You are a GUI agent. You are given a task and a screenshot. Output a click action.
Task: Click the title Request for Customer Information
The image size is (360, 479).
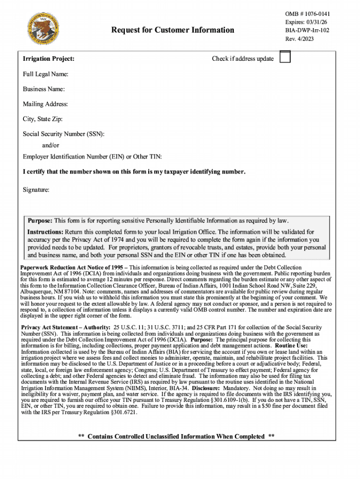click(x=173, y=30)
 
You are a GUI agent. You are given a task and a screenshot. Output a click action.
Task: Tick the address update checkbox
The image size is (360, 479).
click(x=284, y=57)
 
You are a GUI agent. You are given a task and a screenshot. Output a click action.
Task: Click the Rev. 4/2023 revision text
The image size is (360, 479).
click(x=299, y=39)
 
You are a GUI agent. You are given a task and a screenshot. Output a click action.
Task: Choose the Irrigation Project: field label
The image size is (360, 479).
click(x=49, y=59)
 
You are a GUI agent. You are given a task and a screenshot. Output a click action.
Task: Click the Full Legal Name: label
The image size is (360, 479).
click(x=46, y=74)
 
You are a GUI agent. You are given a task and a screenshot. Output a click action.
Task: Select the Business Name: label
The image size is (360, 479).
click(x=44, y=89)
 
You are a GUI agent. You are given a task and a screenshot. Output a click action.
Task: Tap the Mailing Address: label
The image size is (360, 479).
click(x=45, y=104)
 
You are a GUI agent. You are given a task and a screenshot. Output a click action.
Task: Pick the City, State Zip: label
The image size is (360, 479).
click(x=43, y=119)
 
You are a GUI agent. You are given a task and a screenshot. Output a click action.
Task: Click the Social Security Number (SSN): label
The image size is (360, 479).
click(x=64, y=134)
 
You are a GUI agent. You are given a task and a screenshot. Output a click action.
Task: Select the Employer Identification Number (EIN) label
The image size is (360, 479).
click(x=92, y=157)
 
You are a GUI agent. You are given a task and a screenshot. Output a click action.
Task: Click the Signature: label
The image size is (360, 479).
click(x=36, y=190)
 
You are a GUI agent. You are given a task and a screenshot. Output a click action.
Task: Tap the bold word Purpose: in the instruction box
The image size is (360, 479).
click(x=40, y=220)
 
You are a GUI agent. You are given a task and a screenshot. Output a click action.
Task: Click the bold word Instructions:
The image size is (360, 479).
click(x=45, y=232)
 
